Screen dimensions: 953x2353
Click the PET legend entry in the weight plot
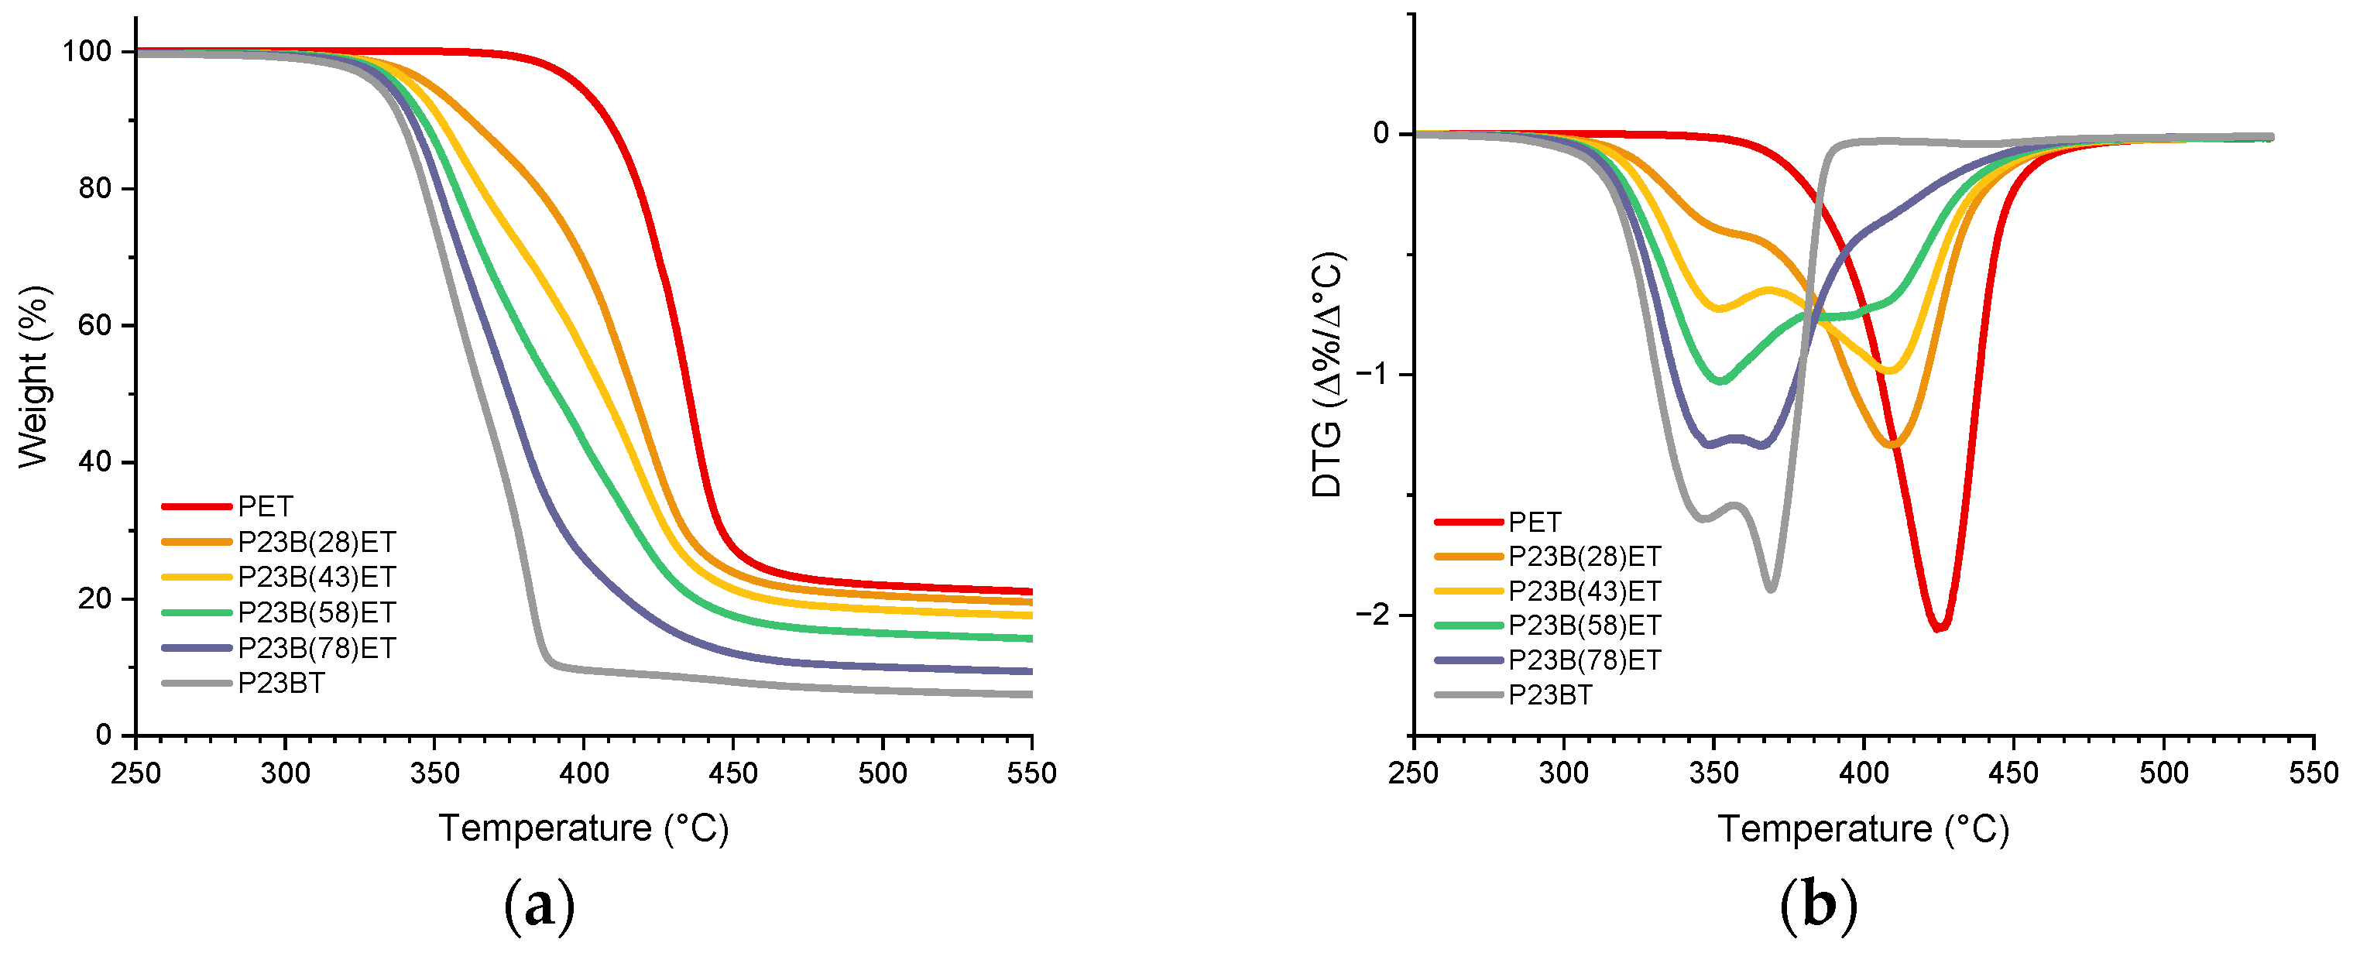pyautogui.click(x=265, y=506)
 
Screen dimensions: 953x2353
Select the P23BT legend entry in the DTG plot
pyautogui.click(x=1549, y=695)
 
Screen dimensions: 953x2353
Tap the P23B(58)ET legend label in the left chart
pyautogui.click(x=316, y=612)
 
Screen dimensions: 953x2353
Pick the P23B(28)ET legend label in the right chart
pyautogui.click(x=1584, y=557)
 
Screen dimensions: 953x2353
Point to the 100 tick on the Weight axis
pyautogui.click(x=87, y=52)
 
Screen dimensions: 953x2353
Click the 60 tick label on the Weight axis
pyautogui.click(x=94, y=325)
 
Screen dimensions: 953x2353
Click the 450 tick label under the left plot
pyautogui.click(x=732, y=774)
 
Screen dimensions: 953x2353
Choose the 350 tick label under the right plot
pyautogui.click(x=1713, y=774)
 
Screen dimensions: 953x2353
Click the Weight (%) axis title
pyautogui.click(x=34, y=376)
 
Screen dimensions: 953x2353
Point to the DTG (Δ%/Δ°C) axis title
pyautogui.click(x=1327, y=375)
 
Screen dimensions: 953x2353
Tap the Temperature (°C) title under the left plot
pyautogui.click(x=584, y=828)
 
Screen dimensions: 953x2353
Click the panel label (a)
pyautogui.click(x=539, y=906)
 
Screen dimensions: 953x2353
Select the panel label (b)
pyautogui.click(x=1819, y=906)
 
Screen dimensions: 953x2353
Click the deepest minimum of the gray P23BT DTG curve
pyautogui.click(x=1770, y=589)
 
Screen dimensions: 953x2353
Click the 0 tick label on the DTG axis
pyautogui.click(x=1381, y=133)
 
